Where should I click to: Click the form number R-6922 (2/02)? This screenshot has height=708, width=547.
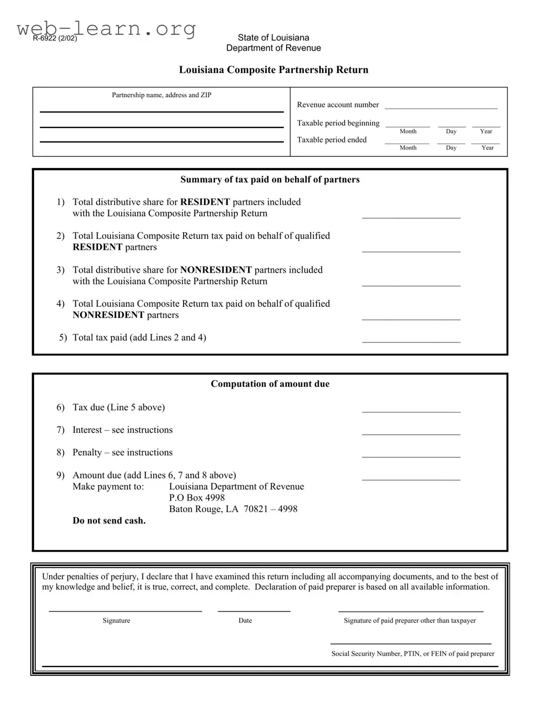[x=55, y=38]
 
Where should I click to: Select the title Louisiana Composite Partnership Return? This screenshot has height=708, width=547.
[x=273, y=70]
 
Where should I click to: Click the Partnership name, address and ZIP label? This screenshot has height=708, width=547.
[x=161, y=95]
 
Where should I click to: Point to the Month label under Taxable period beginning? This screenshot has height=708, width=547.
[x=408, y=131]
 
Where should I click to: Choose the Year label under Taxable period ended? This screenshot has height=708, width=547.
[x=487, y=148]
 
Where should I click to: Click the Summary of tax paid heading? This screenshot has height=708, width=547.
[x=269, y=180]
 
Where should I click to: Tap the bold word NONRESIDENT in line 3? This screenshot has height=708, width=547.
[x=216, y=270]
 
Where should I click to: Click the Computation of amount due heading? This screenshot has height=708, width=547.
[x=269, y=384]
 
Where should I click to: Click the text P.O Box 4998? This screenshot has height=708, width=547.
[x=196, y=498]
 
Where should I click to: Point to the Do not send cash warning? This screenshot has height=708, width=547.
[x=109, y=521]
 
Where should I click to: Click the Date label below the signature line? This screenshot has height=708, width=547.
[x=245, y=621]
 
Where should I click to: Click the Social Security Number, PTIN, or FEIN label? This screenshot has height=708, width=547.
[x=413, y=654]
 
